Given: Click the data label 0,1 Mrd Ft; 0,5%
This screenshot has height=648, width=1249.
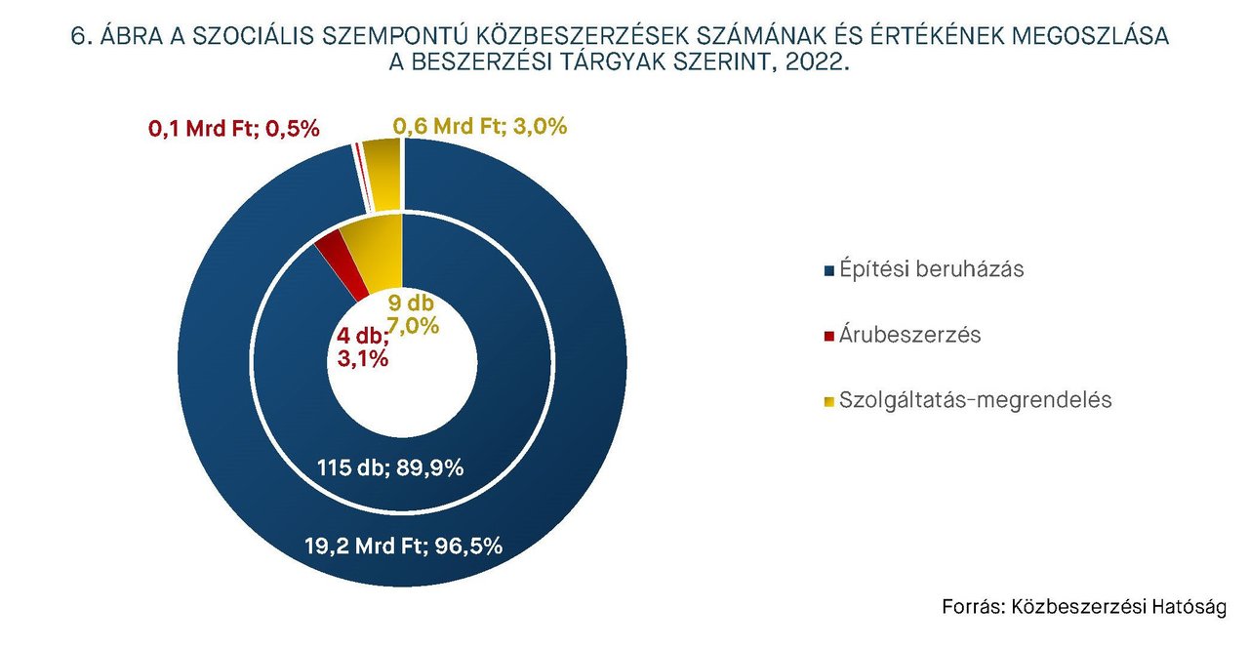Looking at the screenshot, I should pyautogui.click(x=234, y=128).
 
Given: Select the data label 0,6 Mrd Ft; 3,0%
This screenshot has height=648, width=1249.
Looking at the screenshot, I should pyautogui.click(x=480, y=127).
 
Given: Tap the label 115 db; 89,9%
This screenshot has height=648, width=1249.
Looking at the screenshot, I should pyautogui.click(x=390, y=467).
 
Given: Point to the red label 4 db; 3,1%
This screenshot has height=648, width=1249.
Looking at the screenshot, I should pyautogui.click(x=363, y=348).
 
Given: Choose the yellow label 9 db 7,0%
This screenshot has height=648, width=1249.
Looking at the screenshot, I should pyautogui.click(x=414, y=313).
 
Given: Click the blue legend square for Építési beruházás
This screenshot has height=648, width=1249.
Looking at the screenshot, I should pyautogui.click(x=829, y=270).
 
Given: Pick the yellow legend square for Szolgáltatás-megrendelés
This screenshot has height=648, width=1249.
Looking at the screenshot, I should pyautogui.click(x=829, y=401).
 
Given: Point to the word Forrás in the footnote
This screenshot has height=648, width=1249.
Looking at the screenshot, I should pyautogui.click(x=972, y=606).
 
